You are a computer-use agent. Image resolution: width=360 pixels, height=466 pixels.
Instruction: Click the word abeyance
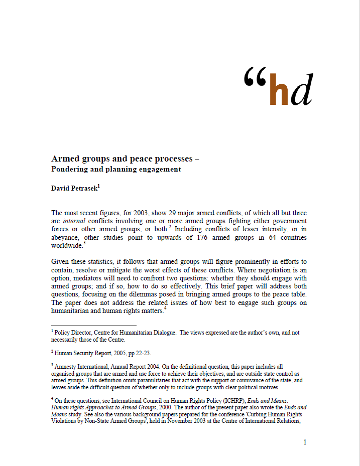pyautogui.click(x=66, y=237)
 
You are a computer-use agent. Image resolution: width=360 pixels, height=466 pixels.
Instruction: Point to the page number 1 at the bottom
pyautogui.click(x=304, y=442)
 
